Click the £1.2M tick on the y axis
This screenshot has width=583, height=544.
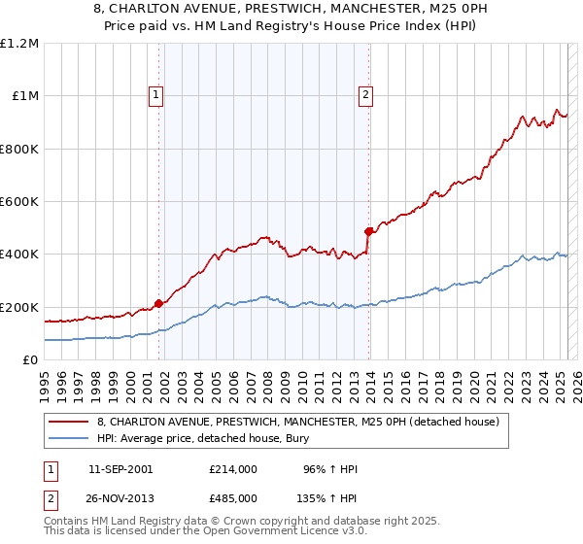point(19,44)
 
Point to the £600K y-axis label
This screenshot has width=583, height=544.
point(19,202)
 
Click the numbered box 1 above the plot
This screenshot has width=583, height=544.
point(157,94)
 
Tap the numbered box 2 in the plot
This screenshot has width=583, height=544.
point(365,94)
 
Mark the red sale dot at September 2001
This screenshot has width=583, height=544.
point(158,303)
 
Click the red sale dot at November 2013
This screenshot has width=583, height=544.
point(368,231)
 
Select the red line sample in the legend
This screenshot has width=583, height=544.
point(69,422)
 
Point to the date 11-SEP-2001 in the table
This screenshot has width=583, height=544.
point(120,469)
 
